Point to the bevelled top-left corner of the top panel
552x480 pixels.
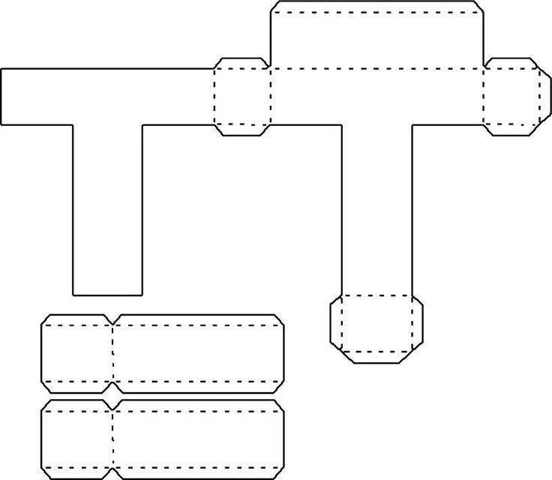tap(274, 7)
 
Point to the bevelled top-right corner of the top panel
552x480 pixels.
tap(478, 7)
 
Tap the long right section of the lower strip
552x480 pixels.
tap(199, 439)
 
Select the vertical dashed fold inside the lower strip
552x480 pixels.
tap(113, 439)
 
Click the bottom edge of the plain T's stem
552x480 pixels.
tap(107, 294)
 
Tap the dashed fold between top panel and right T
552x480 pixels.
tap(376, 68)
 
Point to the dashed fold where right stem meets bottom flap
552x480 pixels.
tap(376, 295)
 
